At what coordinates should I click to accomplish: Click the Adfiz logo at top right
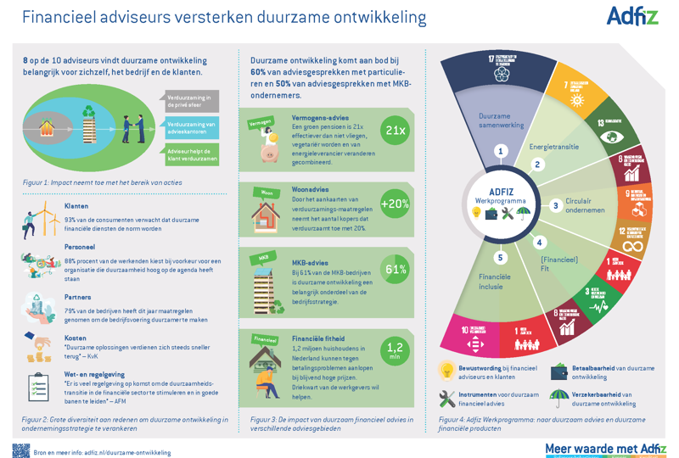632,16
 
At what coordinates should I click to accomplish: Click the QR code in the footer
21,450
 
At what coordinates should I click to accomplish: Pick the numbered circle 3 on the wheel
556,205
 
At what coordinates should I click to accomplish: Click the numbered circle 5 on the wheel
501,258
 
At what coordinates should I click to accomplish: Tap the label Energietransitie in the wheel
553,147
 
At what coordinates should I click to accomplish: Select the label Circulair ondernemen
586,206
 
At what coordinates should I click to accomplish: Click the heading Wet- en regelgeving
94,374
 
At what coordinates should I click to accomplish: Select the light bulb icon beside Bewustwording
447,371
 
